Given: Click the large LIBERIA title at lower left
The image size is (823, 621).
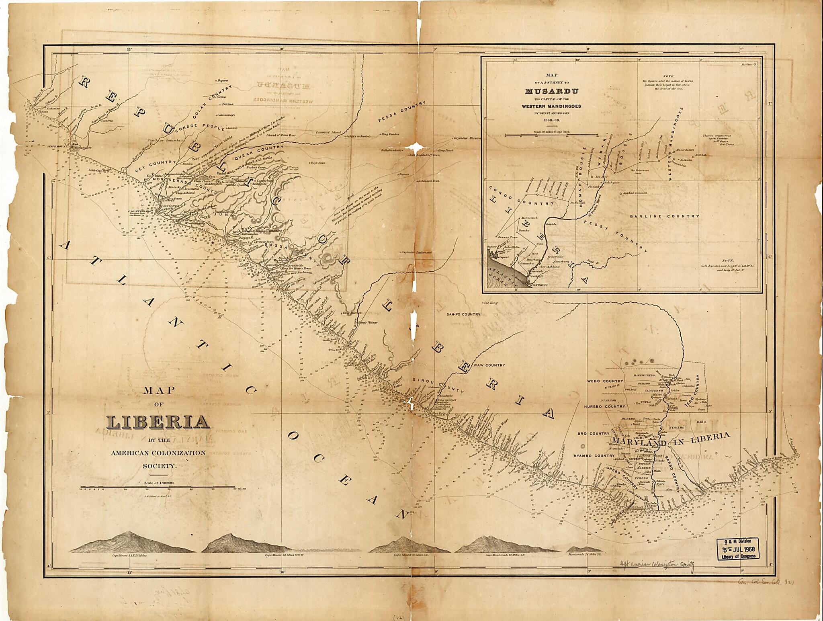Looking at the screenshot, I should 158,422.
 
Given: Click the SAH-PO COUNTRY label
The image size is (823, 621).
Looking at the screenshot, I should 463,314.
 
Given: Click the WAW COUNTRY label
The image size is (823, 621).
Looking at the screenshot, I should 489,365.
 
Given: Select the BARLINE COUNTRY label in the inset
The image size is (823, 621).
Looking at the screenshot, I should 664,216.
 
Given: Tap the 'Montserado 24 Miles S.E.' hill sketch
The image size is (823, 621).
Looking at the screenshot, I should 584,549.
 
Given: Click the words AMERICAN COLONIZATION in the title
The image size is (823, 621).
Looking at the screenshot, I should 158,453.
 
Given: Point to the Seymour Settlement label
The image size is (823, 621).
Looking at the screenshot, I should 417,252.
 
